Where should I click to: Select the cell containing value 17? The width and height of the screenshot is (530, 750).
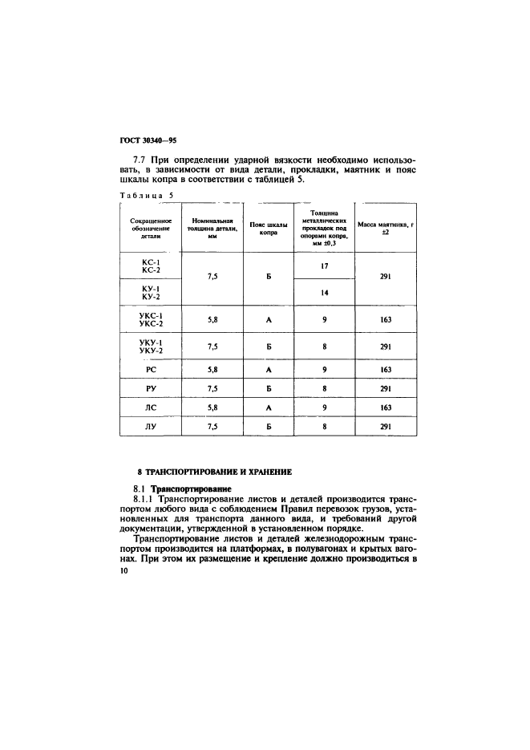325,265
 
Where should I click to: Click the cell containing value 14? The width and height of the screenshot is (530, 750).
325,292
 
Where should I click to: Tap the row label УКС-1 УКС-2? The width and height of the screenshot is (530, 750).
151,319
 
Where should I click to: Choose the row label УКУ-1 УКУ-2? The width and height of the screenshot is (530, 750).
151,347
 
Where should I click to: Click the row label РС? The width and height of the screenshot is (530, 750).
151,370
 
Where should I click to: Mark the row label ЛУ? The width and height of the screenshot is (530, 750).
151,427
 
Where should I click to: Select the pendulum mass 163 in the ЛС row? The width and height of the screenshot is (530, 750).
385,407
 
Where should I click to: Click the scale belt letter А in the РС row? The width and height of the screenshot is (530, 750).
268,370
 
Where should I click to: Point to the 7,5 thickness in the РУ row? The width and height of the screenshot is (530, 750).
212,389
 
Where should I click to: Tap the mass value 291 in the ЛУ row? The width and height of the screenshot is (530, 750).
385,427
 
